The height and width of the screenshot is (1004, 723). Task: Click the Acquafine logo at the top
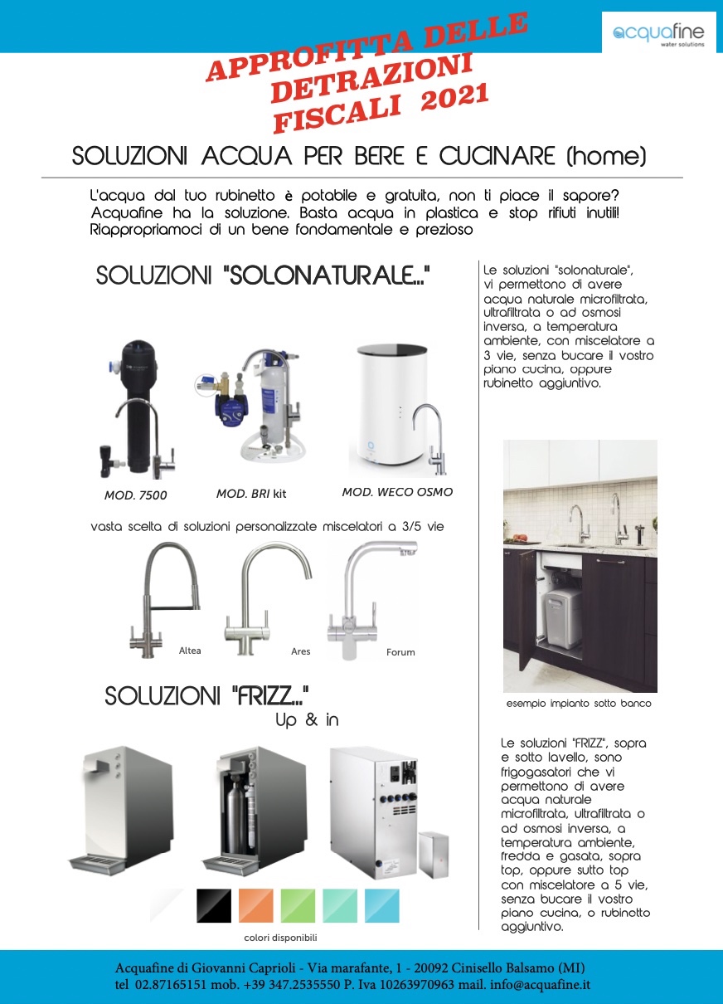[x=658, y=34]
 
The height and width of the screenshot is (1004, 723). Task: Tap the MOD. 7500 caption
[x=135, y=495]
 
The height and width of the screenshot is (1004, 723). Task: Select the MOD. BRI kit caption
[x=251, y=494]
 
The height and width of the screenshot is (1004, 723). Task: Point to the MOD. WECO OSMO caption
[x=397, y=492]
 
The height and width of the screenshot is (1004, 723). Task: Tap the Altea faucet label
[x=190, y=651]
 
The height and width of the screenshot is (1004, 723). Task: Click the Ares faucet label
[x=301, y=651]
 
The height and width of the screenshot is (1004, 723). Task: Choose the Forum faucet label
[x=400, y=652]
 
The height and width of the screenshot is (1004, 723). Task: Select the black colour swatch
[x=214, y=905]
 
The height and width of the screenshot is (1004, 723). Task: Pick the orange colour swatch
[x=256, y=905]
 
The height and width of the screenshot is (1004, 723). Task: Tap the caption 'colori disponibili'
[x=281, y=938]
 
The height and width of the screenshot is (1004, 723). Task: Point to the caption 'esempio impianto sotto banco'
[x=579, y=704]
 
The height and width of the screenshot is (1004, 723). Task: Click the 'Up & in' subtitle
[x=307, y=720]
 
